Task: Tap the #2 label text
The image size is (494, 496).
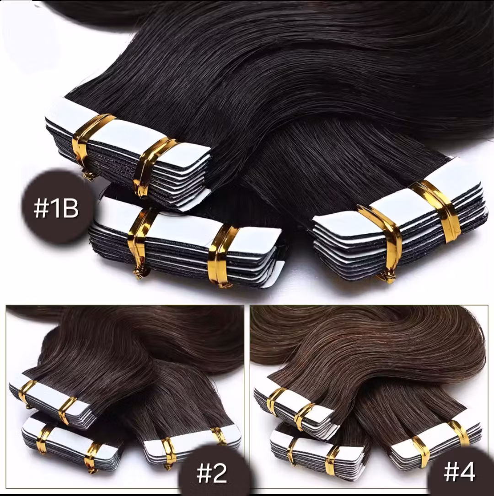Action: tap(211, 473)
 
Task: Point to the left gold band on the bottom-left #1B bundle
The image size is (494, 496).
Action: tap(140, 240)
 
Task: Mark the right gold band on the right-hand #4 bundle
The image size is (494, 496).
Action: tap(457, 433)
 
